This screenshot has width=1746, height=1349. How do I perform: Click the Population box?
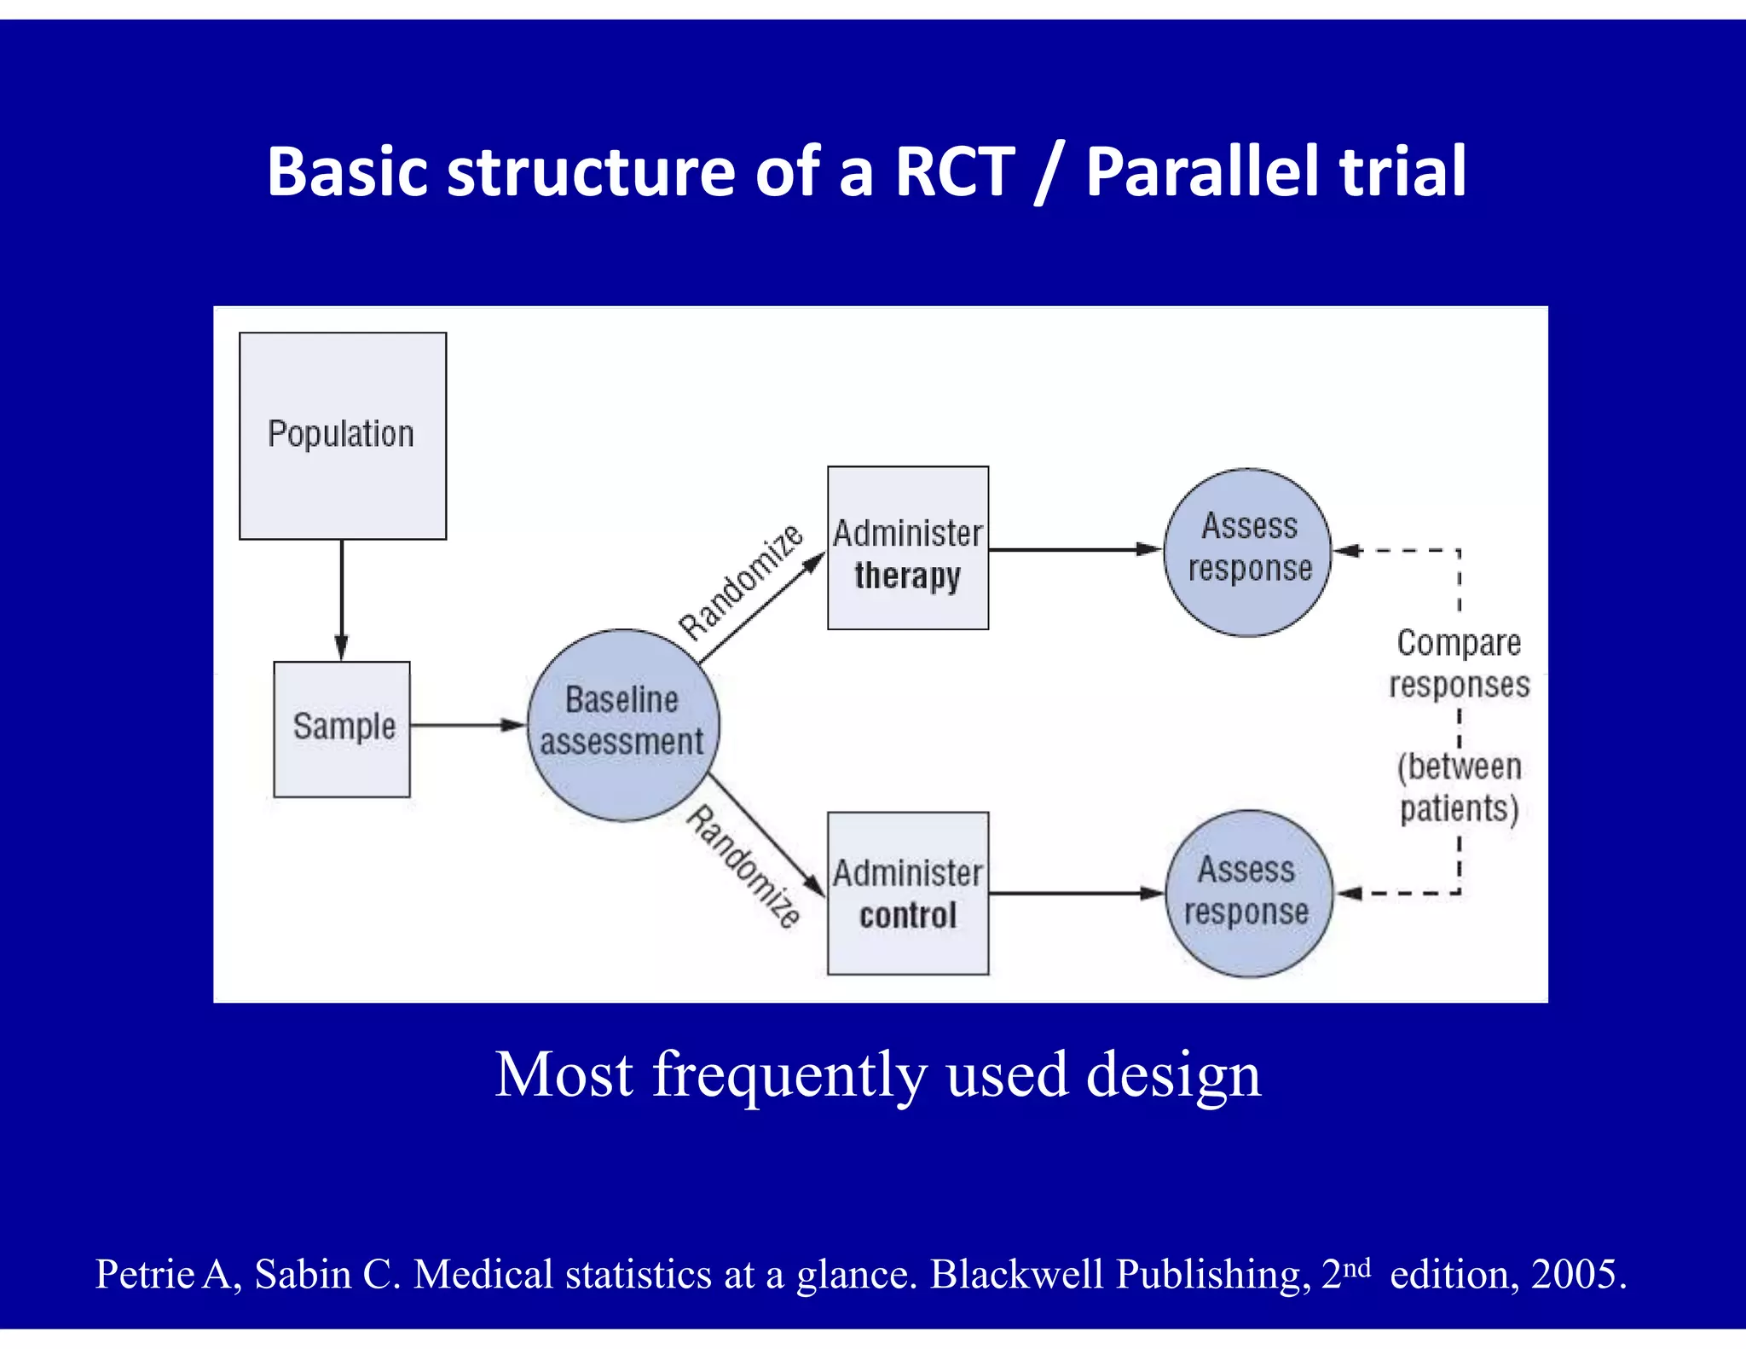[x=342, y=435]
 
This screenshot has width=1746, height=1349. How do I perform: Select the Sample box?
[x=342, y=729]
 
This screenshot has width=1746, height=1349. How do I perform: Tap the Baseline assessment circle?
[x=622, y=725]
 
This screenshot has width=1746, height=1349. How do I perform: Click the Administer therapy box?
[x=908, y=547]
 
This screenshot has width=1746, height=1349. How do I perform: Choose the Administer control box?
[x=908, y=893]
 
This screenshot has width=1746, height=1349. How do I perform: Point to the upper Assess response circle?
[x=1247, y=552]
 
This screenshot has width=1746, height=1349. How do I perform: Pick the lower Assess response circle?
[x=1247, y=893]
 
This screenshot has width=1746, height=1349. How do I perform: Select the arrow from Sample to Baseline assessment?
[x=467, y=725]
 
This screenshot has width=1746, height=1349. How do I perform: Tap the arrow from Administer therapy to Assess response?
[x=1074, y=549]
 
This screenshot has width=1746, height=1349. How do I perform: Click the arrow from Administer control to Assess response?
[x=1076, y=893]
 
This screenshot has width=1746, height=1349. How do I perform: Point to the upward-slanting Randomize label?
[x=740, y=582]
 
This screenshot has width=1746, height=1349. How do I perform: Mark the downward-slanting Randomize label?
[x=743, y=866]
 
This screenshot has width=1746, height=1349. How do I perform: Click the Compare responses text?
[x=1459, y=663]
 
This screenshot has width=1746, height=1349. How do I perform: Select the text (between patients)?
[x=1459, y=787]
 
